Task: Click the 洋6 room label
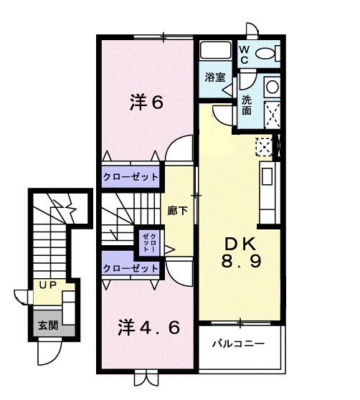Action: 146,102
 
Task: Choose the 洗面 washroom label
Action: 247,106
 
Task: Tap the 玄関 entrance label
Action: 47,325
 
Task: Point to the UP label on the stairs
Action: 47,285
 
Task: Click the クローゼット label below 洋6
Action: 130,176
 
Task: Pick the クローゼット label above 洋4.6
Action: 130,268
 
